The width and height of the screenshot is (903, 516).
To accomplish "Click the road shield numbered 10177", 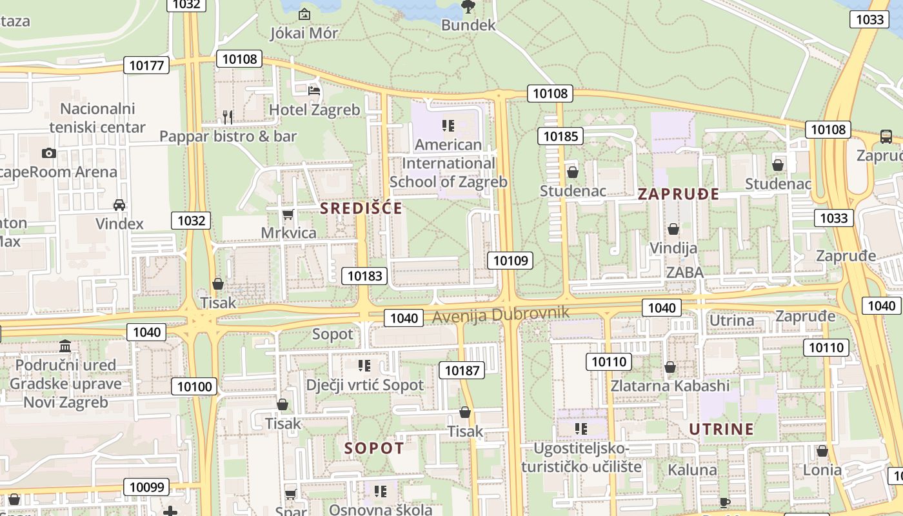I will click(x=148, y=65).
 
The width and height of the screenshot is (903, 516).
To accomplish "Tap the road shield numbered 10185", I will click(x=561, y=136).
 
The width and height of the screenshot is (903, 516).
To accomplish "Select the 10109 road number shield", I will click(x=510, y=261).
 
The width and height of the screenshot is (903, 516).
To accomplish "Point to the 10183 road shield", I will click(x=364, y=276).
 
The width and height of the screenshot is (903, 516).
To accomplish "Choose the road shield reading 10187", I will click(x=462, y=370).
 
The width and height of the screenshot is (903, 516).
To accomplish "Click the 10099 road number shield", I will click(x=146, y=488).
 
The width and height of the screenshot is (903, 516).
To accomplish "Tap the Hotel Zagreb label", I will click(x=314, y=110).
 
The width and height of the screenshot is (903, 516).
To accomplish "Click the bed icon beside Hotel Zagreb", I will click(x=314, y=90).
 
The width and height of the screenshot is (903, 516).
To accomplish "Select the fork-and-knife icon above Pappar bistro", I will click(x=227, y=117).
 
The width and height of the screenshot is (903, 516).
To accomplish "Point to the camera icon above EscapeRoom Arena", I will click(x=48, y=153).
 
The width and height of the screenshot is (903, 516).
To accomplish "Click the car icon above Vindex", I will click(x=119, y=205).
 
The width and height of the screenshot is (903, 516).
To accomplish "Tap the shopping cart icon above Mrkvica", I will click(x=288, y=214).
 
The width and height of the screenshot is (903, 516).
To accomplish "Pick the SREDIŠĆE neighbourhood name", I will click(x=361, y=208).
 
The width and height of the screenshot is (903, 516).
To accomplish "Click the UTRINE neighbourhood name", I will click(x=721, y=430).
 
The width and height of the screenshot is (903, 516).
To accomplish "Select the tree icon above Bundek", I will click(x=468, y=7).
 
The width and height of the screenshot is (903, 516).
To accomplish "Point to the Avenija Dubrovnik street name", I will click(x=501, y=315).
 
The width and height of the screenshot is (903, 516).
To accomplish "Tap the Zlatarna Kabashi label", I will click(x=670, y=386).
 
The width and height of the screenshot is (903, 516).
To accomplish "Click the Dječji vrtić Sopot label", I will click(x=364, y=385).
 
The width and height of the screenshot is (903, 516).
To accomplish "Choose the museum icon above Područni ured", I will click(x=64, y=346).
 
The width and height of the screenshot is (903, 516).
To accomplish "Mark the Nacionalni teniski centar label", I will click(x=97, y=117).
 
